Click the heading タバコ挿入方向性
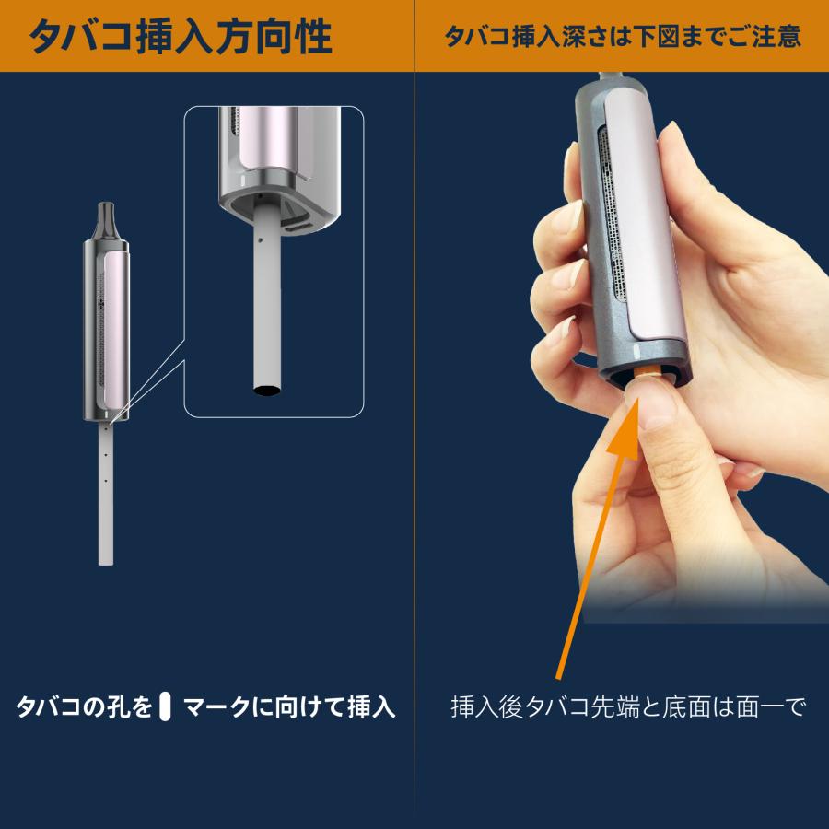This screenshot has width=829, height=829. click(180, 37)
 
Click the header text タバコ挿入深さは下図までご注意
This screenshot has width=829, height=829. click(622, 37)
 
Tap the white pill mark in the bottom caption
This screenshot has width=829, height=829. click(166, 707)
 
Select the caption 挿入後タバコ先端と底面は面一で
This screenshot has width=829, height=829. click(628, 707)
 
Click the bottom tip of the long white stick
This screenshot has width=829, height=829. click(106, 560)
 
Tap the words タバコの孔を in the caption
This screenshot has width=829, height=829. click(83, 707)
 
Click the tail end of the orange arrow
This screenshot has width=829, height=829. click(559, 677)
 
